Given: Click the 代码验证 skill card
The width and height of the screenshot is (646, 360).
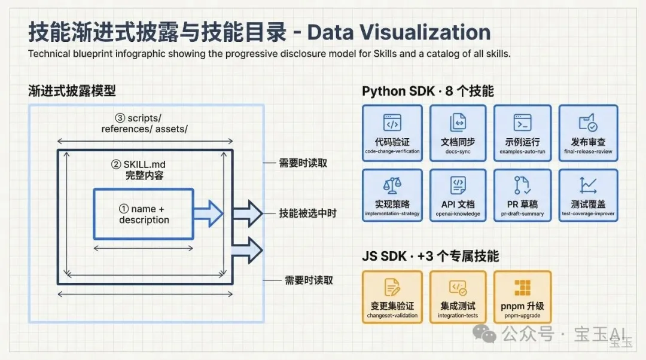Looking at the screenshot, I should coord(392,132).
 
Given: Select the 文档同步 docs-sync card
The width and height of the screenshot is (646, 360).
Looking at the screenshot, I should coord(458,132).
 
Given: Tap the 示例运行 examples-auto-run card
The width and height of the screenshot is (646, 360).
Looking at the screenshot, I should coord(522,132).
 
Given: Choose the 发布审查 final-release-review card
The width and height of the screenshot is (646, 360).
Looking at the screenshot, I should coord(588,132).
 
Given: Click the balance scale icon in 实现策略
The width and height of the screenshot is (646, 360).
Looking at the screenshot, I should coord(392,185).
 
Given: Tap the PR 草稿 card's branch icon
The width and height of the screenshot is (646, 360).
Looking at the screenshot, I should coord(522,185).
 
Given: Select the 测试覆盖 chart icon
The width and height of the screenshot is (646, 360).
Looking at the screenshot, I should coord(588,185).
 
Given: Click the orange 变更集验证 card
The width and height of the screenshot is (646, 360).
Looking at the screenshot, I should coord(392,297).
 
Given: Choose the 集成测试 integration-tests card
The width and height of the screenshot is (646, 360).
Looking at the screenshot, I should coord(458,297).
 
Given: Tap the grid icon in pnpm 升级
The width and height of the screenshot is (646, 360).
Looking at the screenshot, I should coord(522,288).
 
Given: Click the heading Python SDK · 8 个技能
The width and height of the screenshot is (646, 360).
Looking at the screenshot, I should coord(428,91).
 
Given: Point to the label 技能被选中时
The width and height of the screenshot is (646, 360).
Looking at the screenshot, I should coord(307,213).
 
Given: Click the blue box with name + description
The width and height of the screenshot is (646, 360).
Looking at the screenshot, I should coord(144,214).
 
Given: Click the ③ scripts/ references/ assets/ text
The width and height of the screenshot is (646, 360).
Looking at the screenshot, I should coord(144,124).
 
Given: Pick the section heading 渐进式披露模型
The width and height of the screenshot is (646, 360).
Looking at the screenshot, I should coord(72,91).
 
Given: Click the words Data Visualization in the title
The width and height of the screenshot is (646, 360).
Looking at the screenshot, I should coord(399,32).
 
